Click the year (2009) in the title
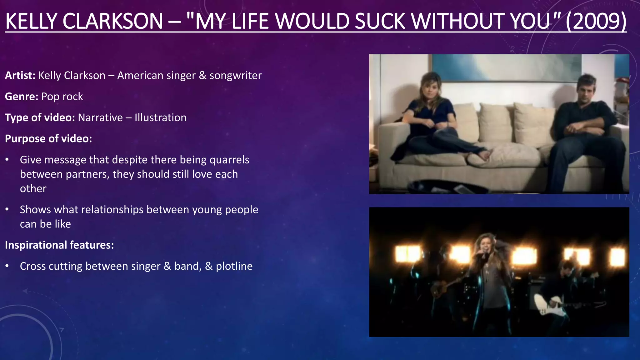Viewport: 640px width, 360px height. (596, 21)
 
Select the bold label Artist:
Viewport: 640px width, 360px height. (20, 75)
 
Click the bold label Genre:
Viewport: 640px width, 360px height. (22, 97)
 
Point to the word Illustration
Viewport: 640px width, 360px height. (160, 117)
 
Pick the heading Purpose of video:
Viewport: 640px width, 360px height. (48, 138)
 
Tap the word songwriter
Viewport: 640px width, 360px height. (235, 75)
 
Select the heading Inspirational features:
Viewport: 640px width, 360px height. (59, 245)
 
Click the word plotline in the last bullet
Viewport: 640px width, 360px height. (234, 266)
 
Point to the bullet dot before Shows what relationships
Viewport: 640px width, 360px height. (7, 209)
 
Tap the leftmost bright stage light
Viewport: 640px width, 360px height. (407, 253)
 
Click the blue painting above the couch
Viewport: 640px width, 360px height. (506, 67)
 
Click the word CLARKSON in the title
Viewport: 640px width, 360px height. (112, 21)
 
